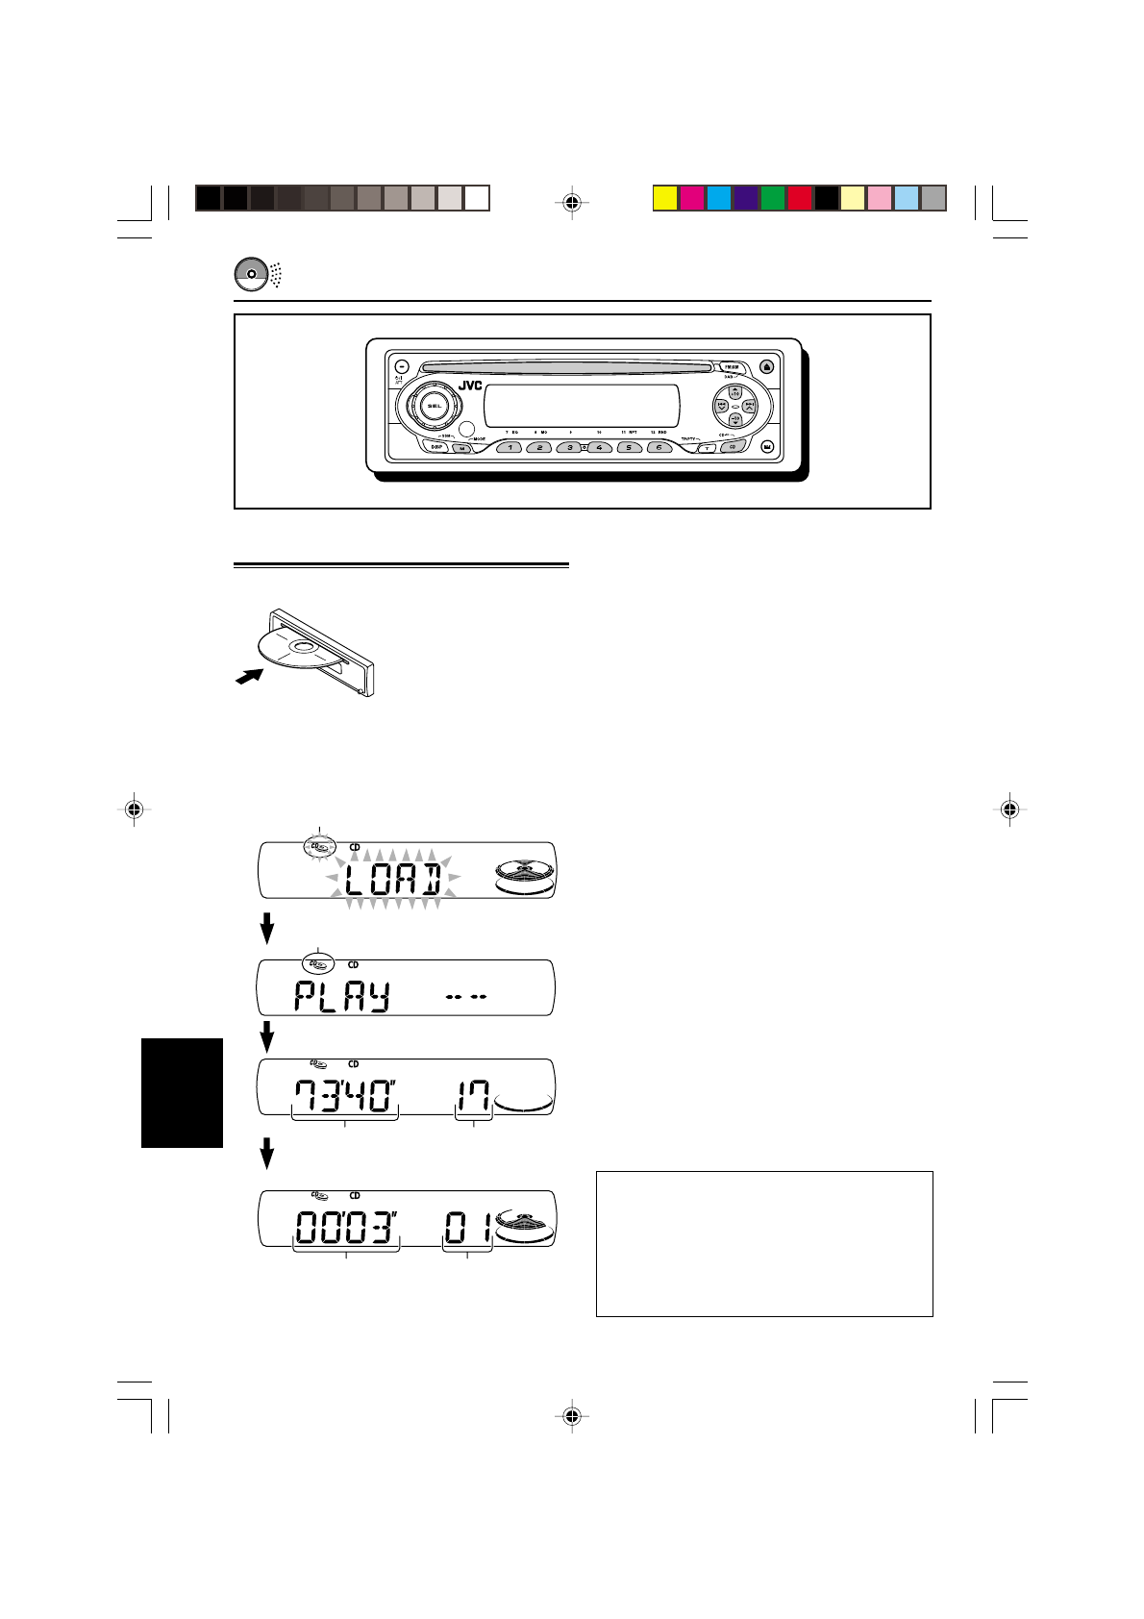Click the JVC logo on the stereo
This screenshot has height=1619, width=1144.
[470, 386]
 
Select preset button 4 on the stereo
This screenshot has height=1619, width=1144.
[599, 447]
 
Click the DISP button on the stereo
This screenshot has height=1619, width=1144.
[437, 447]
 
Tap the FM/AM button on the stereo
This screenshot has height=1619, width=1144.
[732, 366]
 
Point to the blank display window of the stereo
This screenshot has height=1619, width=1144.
[583, 406]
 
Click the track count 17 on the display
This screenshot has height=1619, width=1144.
[474, 1095]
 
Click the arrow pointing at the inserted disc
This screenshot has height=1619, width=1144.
[249, 678]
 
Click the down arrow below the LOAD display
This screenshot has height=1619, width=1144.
[268, 929]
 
